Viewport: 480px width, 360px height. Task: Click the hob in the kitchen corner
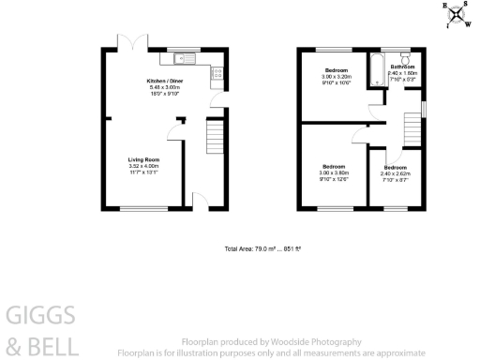pyautogui.click(x=215, y=70)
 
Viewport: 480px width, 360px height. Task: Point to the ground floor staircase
pyautogui.click(x=215, y=139)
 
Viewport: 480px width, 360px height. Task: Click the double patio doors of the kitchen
pyautogui.click(x=129, y=43)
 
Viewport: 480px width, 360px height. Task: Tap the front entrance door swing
pyautogui.click(x=198, y=200)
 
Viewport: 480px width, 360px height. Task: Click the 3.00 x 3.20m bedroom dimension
pyautogui.click(x=335, y=78)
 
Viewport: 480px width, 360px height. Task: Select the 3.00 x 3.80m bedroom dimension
pyautogui.click(x=335, y=173)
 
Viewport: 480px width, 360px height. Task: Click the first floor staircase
pyautogui.click(x=411, y=128)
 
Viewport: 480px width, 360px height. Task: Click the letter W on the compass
pyautogui.click(x=468, y=25)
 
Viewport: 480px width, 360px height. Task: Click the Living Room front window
pyautogui.click(x=143, y=208)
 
